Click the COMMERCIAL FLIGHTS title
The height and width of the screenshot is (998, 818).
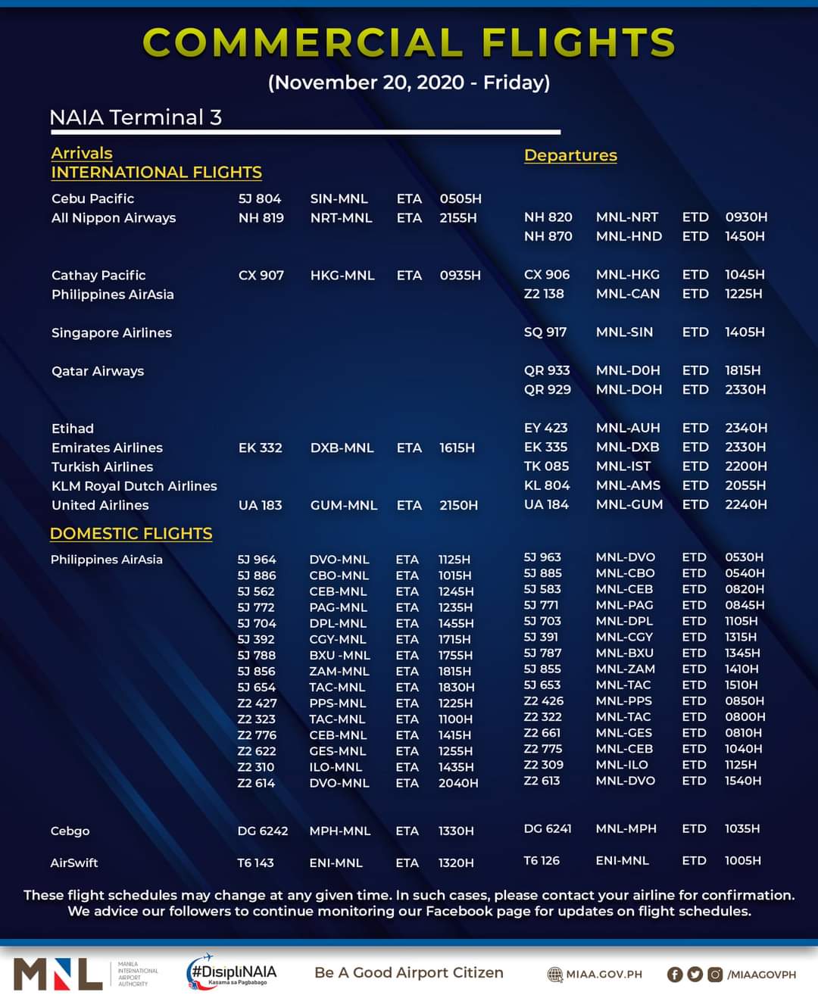pos(409,42)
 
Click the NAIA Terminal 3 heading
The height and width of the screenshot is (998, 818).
pos(136,117)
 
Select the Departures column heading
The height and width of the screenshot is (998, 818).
pos(570,155)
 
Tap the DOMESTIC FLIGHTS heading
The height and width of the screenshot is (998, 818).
pos(131,533)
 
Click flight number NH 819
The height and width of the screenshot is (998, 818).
pos(261,218)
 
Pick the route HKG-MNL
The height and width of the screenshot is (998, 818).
pos(342,276)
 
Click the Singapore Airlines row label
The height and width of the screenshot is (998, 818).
pos(111,333)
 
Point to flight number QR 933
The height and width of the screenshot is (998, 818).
pos(547,370)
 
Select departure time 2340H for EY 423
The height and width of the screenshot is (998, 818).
pos(746,428)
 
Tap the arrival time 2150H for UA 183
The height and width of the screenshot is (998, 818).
pos(458,505)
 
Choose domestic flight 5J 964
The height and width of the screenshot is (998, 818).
pos(257,560)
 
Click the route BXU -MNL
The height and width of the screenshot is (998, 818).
pos(339,656)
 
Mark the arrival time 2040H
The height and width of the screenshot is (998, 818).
pos(458,783)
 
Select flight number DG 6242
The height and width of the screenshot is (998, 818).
pos(263,831)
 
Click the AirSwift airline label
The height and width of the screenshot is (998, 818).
pos(74,862)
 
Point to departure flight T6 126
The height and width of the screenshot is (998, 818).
pos(542,861)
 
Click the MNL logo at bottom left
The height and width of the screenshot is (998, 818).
pos(58,974)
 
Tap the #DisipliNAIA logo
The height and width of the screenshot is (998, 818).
pos(233,973)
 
